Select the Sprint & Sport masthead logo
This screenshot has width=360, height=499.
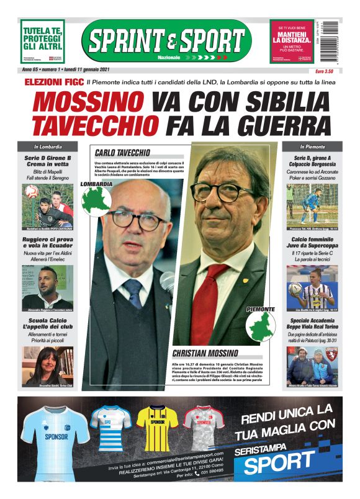click(x=167, y=41)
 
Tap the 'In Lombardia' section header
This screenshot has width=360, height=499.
click(x=48, y=146)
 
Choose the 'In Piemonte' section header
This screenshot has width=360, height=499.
click(x=312, y=146)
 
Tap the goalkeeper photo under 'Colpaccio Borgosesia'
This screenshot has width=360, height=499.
click(x=312, y=204)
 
